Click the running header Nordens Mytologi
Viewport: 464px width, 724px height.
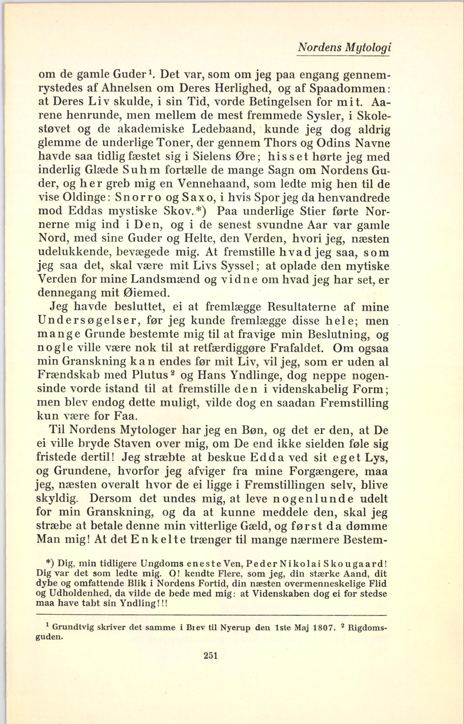click(344, 48)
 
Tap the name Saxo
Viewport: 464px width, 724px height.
click(198, 198)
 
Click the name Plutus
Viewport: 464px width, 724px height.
click(150, 375)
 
